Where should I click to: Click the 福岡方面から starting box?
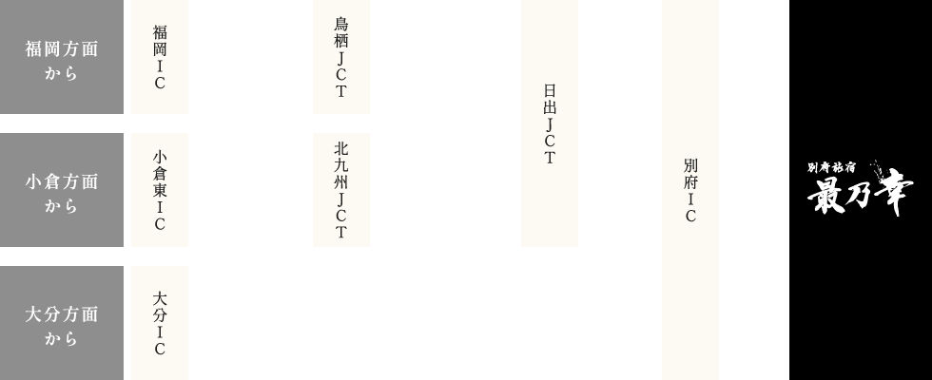point(62,57)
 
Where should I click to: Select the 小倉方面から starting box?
point(62,190)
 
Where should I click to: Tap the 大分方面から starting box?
point(62,323)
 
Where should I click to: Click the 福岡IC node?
point(160,57)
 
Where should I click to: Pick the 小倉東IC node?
point(160,190)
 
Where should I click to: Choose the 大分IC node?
point(160,323)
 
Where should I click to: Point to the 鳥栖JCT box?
point(340,57)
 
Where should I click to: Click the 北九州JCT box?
point(340,190)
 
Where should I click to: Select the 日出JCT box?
point(549,123)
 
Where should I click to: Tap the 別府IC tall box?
point(690,190)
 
